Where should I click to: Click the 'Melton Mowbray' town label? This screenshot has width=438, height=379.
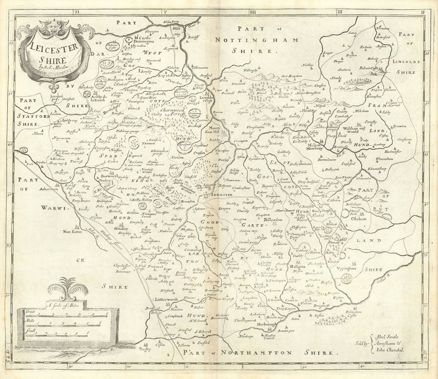[x=318, y=149]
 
